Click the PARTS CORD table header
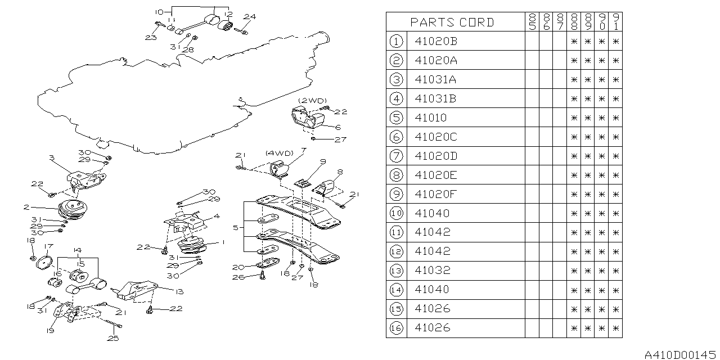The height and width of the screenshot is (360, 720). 452,22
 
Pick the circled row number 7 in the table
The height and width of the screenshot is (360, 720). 396,156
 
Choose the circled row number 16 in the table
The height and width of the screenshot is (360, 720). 396,327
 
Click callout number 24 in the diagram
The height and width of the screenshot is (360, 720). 249,17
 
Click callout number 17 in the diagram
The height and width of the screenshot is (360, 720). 48,246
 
